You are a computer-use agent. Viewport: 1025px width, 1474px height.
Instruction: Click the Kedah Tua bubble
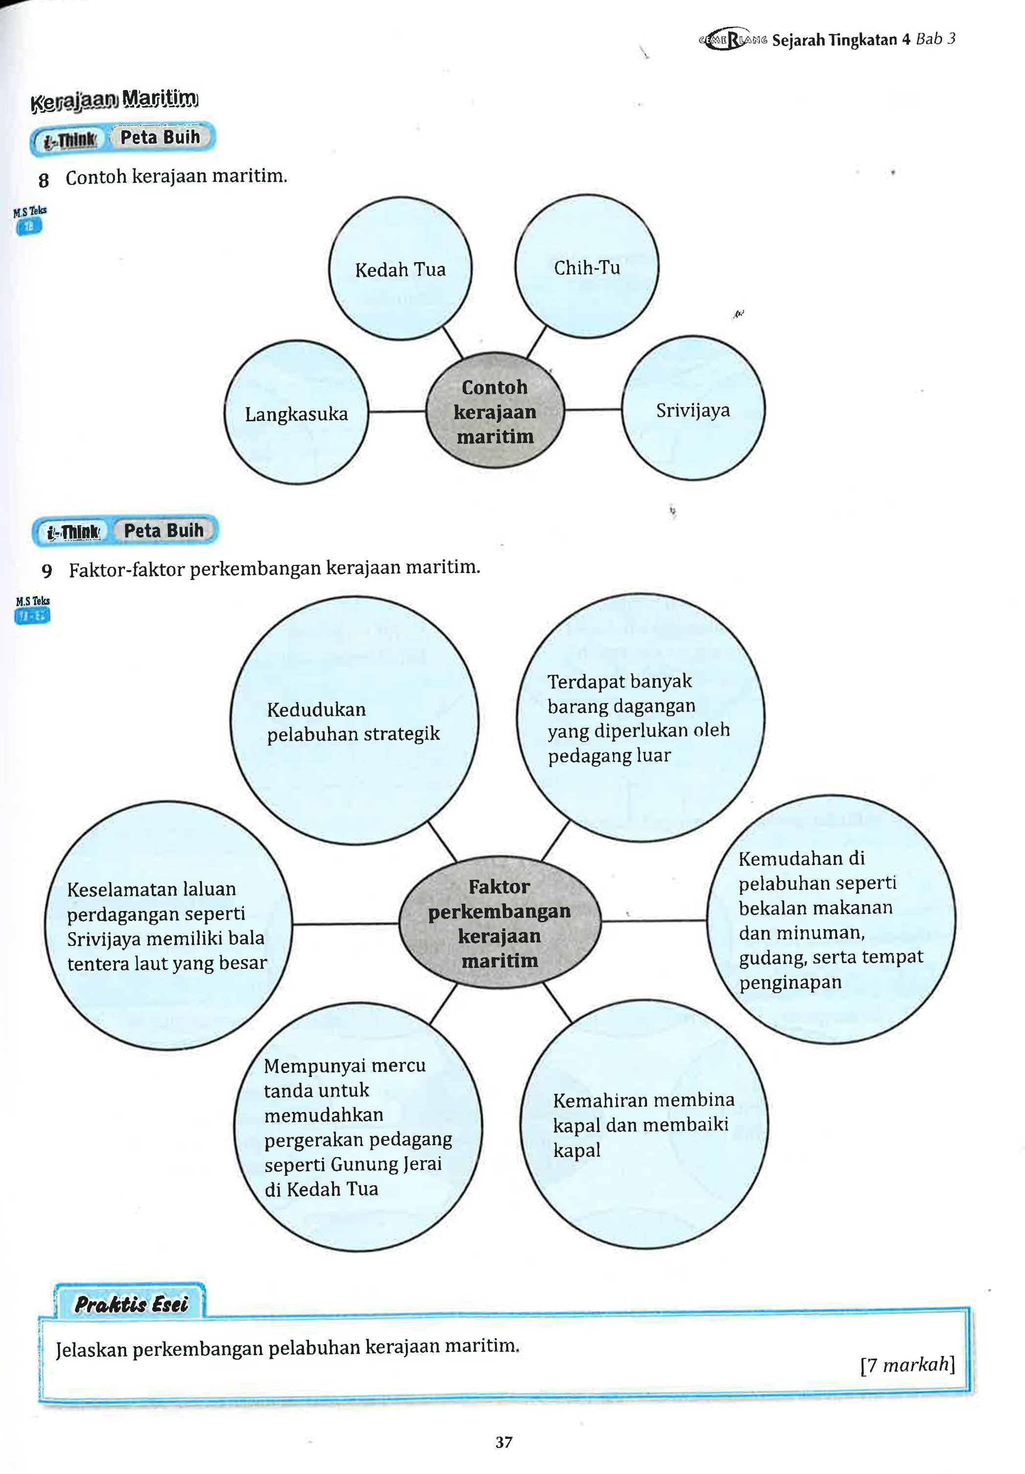(400, 268)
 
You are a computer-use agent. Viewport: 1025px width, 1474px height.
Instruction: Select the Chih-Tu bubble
(587, 266)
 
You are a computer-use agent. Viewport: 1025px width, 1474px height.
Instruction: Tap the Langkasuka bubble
(296, 413)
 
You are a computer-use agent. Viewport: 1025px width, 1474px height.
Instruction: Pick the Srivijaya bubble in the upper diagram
(693, 409)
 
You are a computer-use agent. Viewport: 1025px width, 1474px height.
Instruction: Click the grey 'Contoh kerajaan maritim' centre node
(495, 411)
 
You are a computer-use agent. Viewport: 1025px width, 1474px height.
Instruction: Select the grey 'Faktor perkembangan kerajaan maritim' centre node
(500, 922)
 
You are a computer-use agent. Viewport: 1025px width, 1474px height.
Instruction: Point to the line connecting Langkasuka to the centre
(397, 411)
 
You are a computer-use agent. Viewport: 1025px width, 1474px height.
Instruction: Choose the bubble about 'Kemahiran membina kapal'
(644, 1124)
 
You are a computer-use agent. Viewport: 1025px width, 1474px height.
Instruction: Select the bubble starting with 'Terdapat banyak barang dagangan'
(640, 717)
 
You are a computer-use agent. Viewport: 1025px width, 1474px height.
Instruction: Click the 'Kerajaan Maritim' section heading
(114, 99)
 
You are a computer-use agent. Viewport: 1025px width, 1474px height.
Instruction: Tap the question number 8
(44, 180)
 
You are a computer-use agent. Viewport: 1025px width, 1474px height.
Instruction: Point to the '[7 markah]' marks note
(907, 1364)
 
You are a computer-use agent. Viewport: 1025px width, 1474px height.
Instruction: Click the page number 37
(504, 1442)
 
